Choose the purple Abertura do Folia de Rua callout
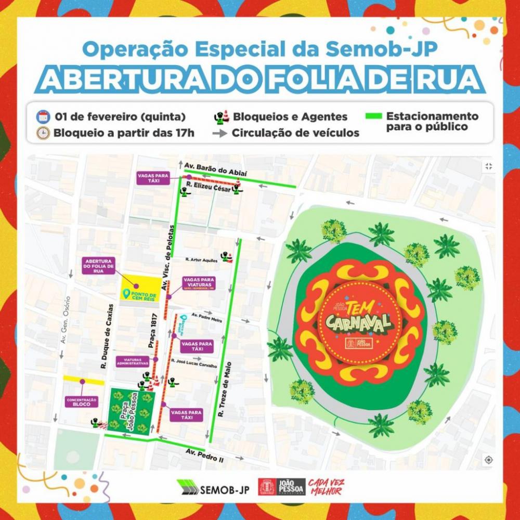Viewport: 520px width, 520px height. [97, 266]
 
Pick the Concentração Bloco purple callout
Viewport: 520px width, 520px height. [82, 402]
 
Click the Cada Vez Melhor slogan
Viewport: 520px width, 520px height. [326, 487]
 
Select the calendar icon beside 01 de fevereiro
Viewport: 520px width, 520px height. [42, 116]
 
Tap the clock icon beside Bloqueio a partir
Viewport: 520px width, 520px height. [42, 133]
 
